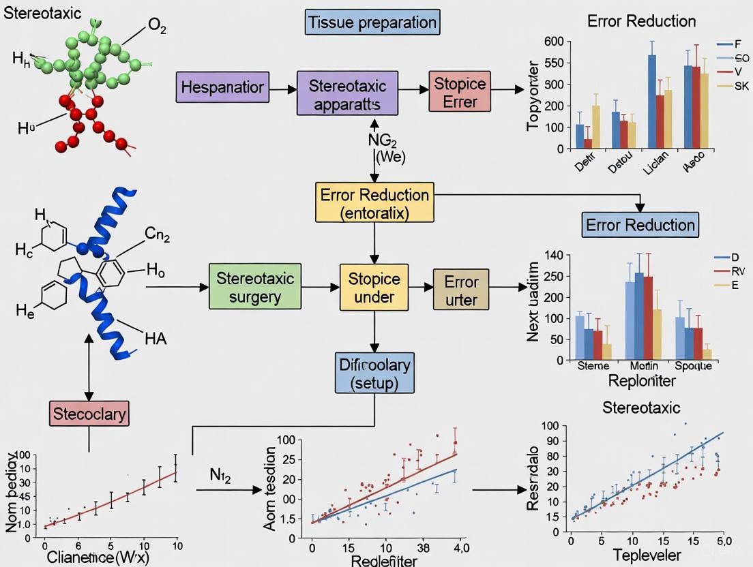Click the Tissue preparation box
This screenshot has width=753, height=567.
pyautogui.click(x=372, y=22)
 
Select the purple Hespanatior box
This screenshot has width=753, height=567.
pyautogui.click(x=222, y=87)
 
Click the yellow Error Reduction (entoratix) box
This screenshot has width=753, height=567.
pyautogui.click(x=374, y=203)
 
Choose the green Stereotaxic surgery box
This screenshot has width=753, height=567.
pyautogui.click(x=255, y=288)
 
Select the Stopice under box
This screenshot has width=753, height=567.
pyautogui.click(x=374, y=288)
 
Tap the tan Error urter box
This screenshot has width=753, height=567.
pyautogui.click(x=461, y=290)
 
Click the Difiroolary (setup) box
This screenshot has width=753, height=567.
pyautogui.click(x=374, y=373)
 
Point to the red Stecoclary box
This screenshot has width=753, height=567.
pyautogui.click(x=89, y=412)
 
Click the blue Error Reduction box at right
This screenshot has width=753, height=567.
pyautogui.click(x=640, y=225)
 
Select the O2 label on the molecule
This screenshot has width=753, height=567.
pyautogui.click(x=157, y=27)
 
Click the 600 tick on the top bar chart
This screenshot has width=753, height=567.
pyautogui.click(x=555, y=42)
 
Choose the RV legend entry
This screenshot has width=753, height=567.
pyautogui.click(x=739, y=271)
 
